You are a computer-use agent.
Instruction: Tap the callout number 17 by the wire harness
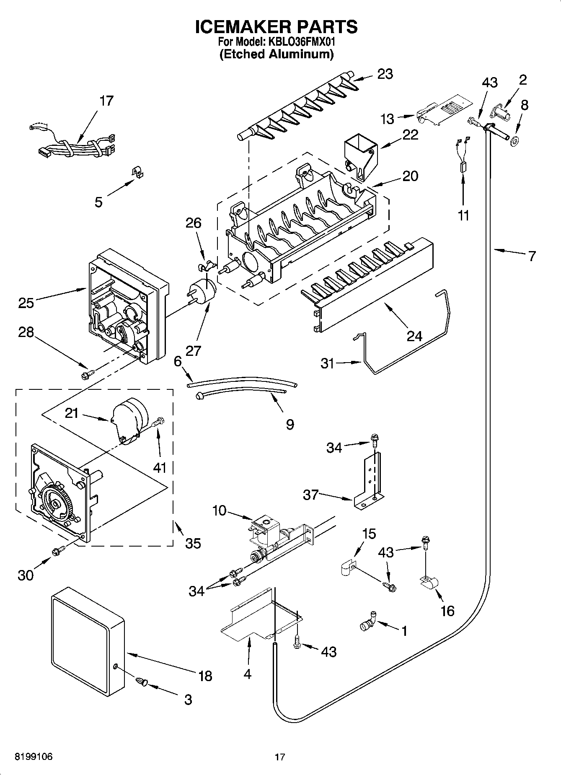[x=106, y=101]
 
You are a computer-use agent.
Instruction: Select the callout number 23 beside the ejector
[x=385, y=74]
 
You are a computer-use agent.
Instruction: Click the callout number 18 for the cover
[x=205, y=676]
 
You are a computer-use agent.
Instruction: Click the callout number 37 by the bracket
[x=311, y=495]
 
